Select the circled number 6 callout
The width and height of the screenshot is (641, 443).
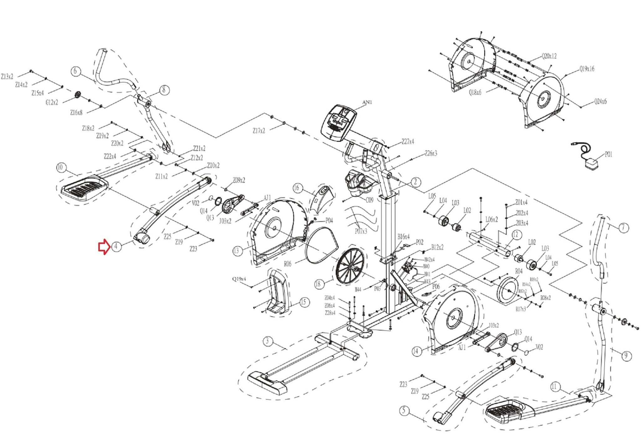(x=75, y=71)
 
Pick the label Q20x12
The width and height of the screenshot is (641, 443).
(x=549, y=56)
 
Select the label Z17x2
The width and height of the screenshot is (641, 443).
(x=259, y=131)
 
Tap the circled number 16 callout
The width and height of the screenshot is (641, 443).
(x=296, y=188)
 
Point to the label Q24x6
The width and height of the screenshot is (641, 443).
(x=600, y=101)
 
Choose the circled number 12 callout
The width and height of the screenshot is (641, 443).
(x=515, y=234)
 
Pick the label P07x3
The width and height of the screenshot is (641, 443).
(x=361, y=231)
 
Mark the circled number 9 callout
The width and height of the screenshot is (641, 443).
(x=626, y=356)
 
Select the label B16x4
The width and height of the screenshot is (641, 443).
(x=403, y=237)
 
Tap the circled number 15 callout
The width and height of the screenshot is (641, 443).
(x=303, y=302)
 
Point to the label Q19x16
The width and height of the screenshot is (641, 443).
(x=587, y=69)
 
